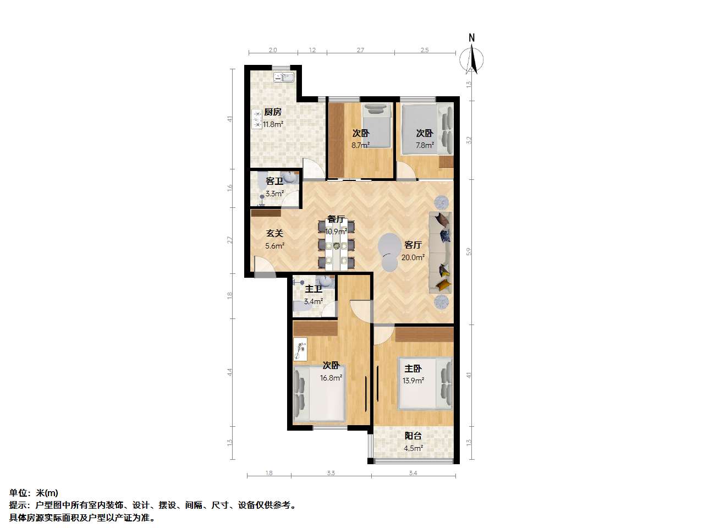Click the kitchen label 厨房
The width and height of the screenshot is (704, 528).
pos(273,112)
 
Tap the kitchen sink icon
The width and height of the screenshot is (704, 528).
pos(283,77)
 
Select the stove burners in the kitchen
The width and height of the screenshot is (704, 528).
pos(257,119)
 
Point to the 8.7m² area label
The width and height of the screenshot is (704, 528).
pos(360,145)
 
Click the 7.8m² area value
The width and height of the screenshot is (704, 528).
pos(425,145)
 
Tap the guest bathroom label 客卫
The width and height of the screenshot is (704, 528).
pos(274,181)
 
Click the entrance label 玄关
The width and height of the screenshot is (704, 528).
pos(274,233)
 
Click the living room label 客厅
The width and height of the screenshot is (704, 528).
pos(413,245)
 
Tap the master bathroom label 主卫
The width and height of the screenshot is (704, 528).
pos(313,289)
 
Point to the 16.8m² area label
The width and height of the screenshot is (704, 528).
pos(331,378)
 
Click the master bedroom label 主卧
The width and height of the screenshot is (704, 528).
pos(413,369)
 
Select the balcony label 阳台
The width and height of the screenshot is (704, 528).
pos(413,436)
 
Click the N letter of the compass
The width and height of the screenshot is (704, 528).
pos(471,38)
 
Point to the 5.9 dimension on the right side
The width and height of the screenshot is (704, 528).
pos(469,252)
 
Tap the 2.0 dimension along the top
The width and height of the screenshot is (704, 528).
pos(273,50)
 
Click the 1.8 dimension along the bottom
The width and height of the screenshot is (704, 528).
pos(269,473)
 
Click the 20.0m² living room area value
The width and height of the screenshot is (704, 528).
pos(413,257)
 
